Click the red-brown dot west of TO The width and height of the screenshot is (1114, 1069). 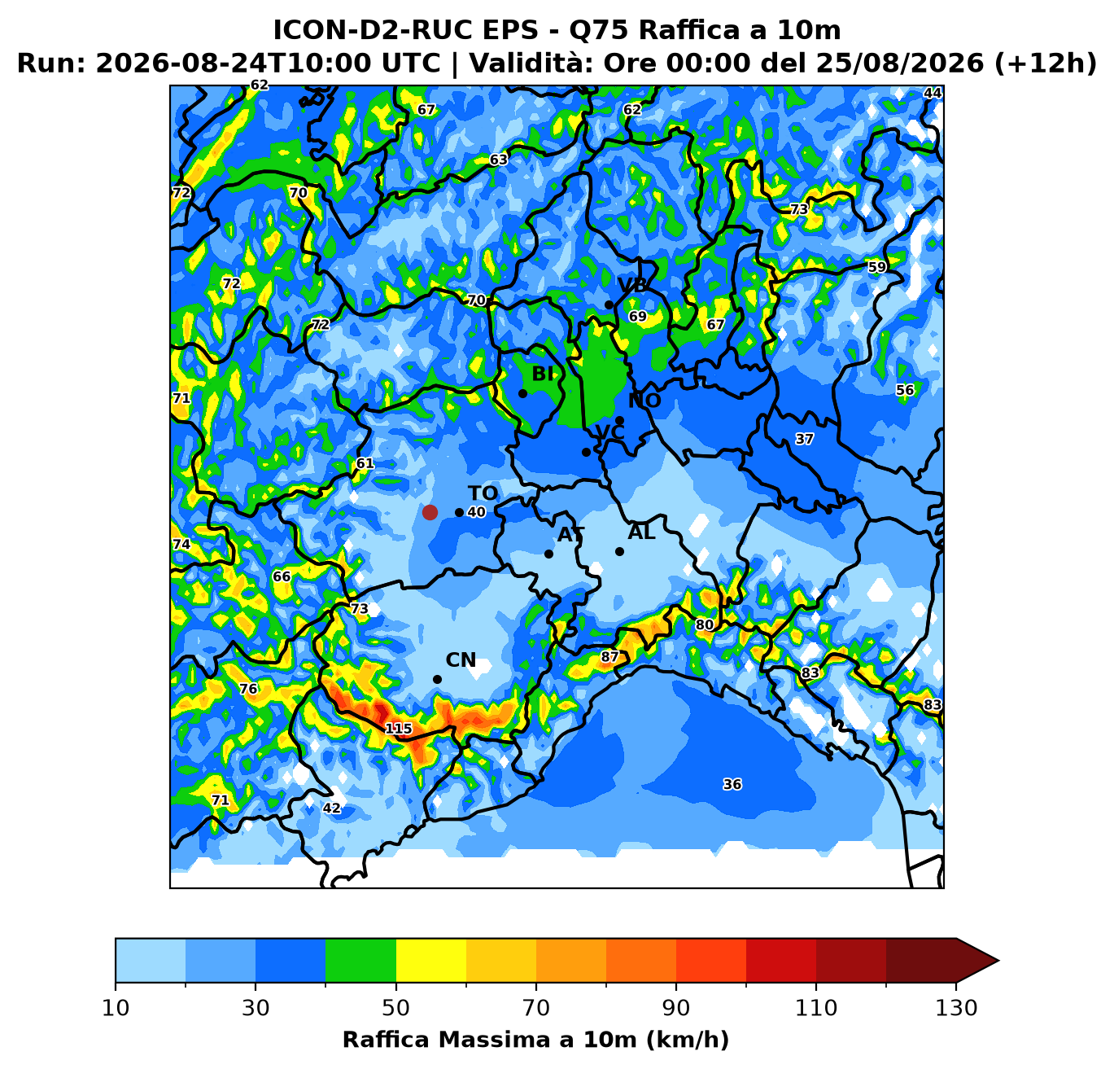[430, 512]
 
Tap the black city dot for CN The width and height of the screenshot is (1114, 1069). [437, 680]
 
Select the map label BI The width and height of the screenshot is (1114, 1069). [543, 374]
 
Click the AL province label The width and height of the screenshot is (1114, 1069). [641, 532]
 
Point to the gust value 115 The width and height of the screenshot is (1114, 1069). [399, 729]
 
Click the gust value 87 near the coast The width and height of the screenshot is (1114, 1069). [609, 656]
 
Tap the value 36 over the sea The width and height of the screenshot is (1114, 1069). [732, 784]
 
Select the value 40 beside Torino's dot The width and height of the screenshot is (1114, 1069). [476, 512]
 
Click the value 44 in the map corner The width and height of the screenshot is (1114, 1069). [933, 93]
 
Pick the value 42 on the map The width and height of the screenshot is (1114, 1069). [331, 808]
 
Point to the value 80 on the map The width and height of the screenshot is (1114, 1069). [704, 625]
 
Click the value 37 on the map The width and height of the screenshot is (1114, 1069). [804, 439]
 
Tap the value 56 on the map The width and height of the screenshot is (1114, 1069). [905, 390]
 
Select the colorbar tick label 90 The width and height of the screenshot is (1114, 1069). [676, 1008]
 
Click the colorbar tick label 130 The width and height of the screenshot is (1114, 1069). [956, 1008]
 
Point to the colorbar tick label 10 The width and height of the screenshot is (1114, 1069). [116, 1008]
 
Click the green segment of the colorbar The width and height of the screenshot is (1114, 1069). [360, 960]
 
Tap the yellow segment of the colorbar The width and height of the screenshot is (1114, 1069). [431, 960]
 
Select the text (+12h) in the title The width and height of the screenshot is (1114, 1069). [1046, 63]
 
